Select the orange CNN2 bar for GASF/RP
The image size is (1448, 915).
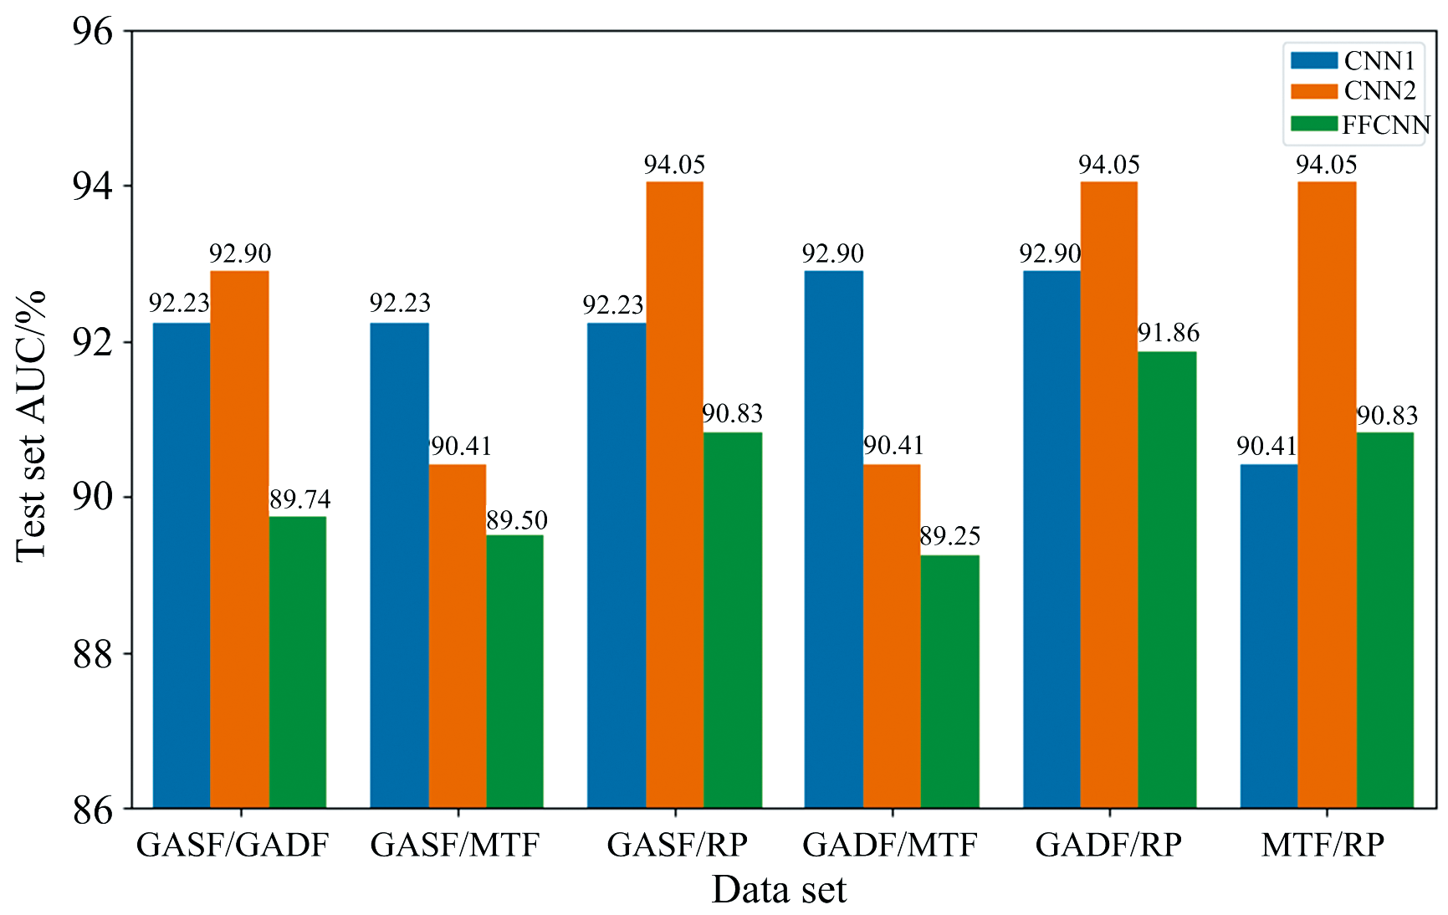click(674, 493)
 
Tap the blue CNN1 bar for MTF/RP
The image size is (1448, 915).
click(1268, 636)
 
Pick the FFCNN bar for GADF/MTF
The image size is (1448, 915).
click(949, 681)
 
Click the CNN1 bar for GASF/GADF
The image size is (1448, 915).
click(182, 565)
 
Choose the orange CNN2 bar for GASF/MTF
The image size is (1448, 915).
click(458, 636)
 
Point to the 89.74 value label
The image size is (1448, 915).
click(299, 499)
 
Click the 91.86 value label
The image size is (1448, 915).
click(1169, 333)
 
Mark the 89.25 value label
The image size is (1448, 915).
click(949, 536)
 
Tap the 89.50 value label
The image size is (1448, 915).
click(517, 520)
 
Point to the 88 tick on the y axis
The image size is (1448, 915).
click(92, 654)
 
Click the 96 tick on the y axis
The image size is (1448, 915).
click(92, 32)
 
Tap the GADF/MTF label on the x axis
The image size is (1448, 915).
click(890, 845)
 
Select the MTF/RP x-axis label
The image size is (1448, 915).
click(1323, 845)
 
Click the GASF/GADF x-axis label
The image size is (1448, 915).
click(233, 845)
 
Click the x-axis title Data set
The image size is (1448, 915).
click(779, 890)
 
